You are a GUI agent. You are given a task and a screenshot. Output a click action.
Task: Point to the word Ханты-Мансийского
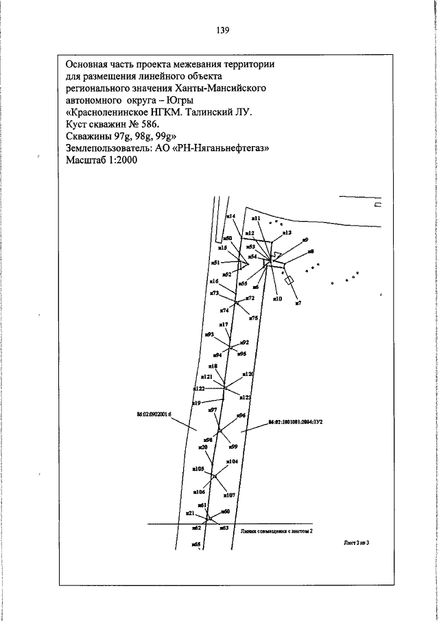(x=222, y=88)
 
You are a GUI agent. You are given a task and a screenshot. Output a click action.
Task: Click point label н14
(x=230, y=216)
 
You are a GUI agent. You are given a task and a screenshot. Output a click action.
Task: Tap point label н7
(x=298, y=302)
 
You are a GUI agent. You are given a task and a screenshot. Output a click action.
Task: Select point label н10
(x=277, y=298)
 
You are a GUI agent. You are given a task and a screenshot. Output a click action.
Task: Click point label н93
(x=209, y=334)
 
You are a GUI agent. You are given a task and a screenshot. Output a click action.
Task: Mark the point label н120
(x=248, y=374)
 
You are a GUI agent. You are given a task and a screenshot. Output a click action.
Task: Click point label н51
(x=215, y=263)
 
